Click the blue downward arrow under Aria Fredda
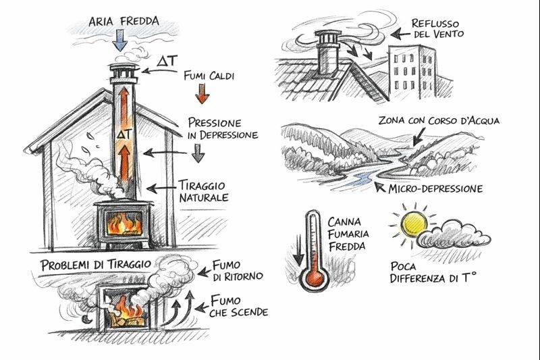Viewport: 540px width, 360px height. click(120, 41)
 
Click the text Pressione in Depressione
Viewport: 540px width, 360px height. click(223, 129)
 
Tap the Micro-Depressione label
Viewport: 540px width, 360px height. click(435, 188)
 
